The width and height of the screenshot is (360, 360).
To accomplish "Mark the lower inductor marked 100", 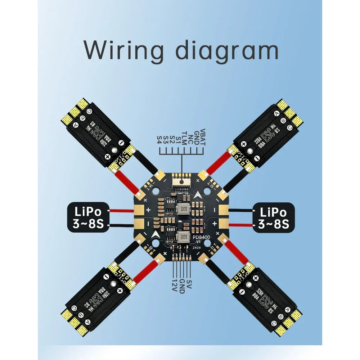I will tap(183, 237).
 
